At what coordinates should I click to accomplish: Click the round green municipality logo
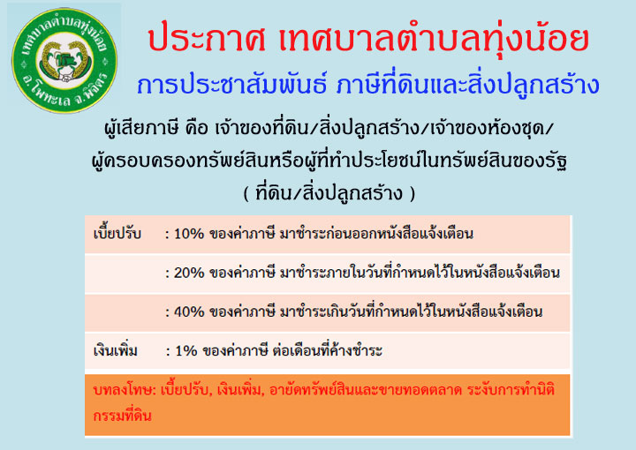click(x=64, y=60)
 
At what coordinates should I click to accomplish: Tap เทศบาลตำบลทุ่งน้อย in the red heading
click(x=434, y=39)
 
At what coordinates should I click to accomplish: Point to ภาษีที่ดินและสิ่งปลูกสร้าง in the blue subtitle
click(x=468, y=85)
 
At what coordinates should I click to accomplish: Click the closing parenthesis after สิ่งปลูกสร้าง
click(x=413, y=194)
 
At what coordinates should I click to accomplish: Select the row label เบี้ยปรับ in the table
click(x=117, y=234)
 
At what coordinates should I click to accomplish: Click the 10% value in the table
click(x=189, y=234)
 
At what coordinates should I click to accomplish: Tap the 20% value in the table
click(x=189, y=273)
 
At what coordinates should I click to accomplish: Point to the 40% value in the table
click(x=189, y=311)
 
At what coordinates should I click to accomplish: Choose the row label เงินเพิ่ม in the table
click(x=116, y=351)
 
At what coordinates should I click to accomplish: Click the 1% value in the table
click(x=185, y=351)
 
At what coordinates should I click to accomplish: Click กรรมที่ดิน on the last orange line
click(x=122, y=416)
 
